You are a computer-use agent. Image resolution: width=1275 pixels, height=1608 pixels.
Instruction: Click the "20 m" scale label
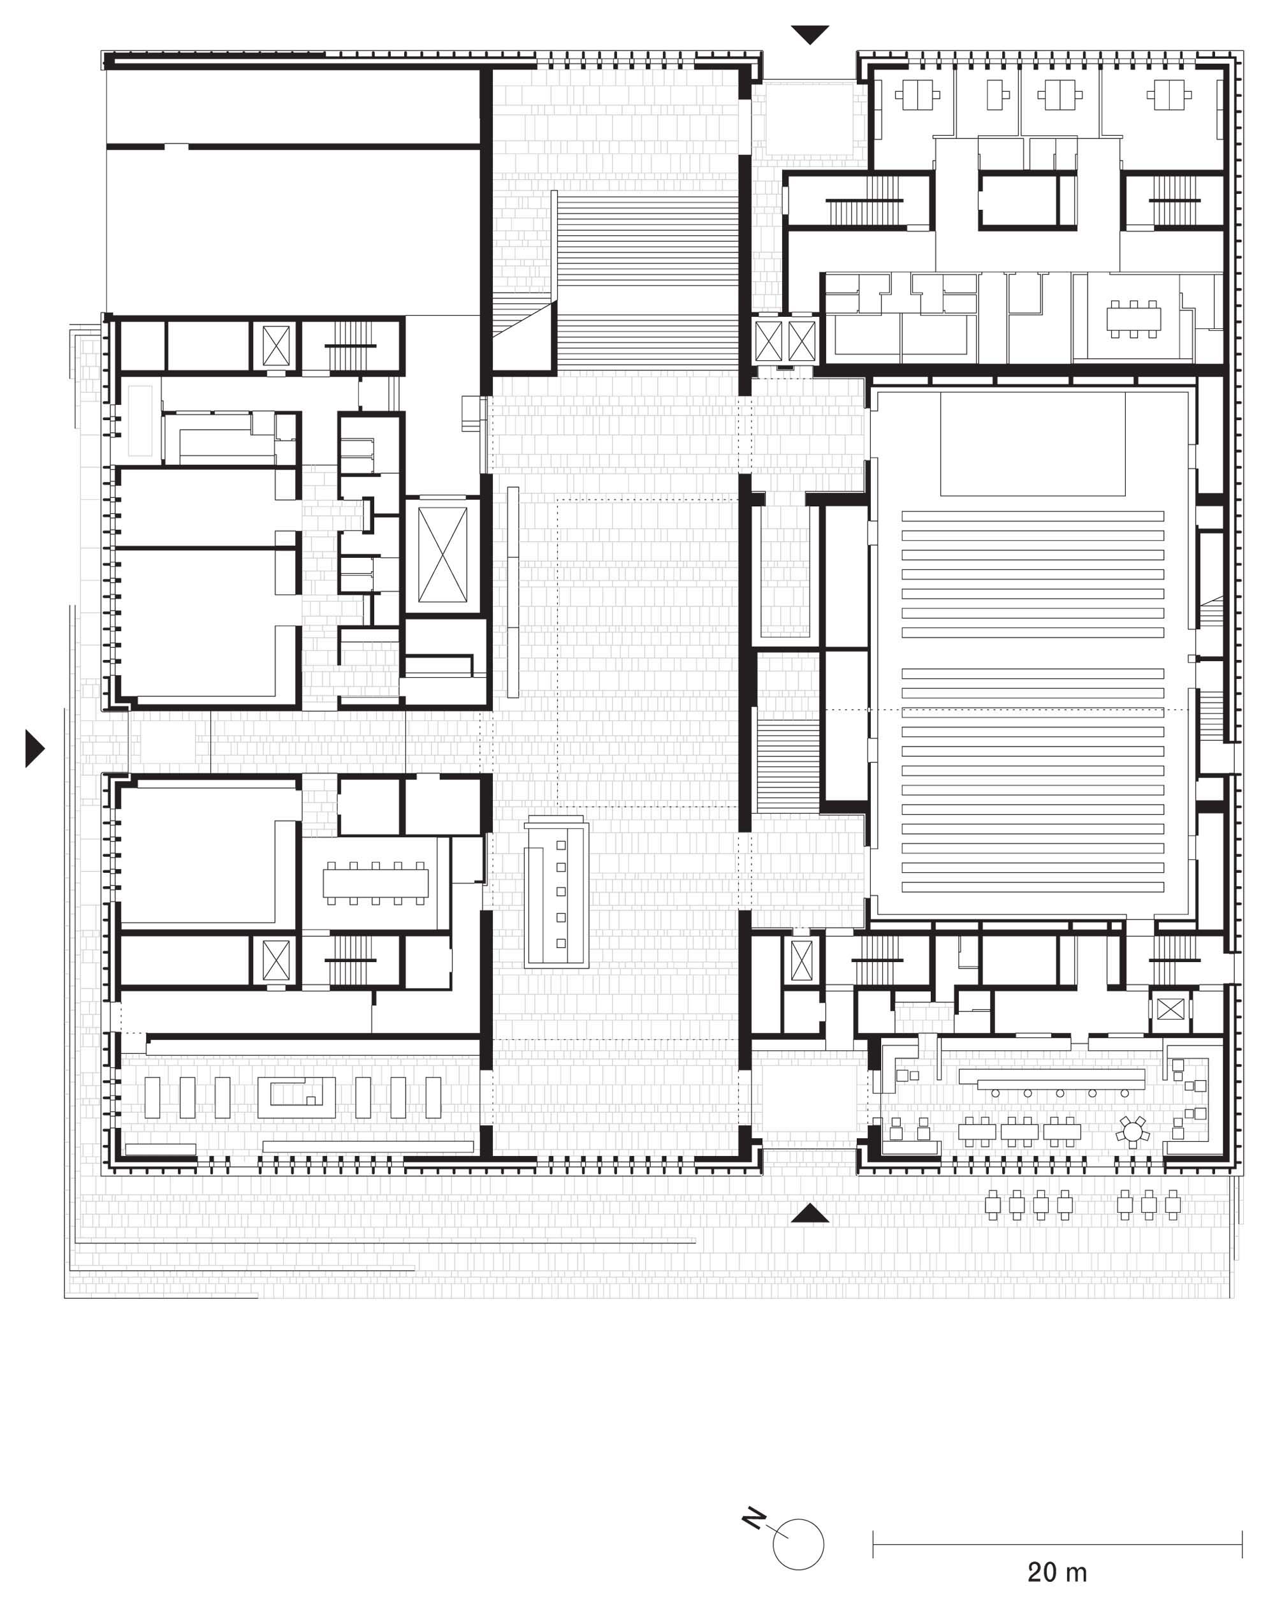[1056, 1572]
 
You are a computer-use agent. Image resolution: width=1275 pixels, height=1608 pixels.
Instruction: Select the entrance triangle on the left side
[34, 748]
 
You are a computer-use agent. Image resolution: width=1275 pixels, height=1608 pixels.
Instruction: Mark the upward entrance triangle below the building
[810, 1213]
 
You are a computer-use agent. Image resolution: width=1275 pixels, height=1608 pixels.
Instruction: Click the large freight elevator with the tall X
[442, 555]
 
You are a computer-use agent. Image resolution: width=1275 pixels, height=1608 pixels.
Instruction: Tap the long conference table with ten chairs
[375, 882]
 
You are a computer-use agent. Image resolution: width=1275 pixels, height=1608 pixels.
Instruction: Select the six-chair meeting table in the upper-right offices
[1133, 318]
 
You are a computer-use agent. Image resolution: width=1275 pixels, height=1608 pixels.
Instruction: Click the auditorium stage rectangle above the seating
[1032, 444]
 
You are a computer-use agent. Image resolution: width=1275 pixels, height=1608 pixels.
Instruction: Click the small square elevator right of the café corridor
[1169, 1010]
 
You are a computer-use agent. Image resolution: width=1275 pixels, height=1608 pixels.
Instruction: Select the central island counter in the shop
[296, 1098]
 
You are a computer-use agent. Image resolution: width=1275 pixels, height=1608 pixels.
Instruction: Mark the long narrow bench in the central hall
[513, 592]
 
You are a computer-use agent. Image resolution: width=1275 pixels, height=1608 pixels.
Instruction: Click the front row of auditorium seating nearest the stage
[1032, 516]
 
